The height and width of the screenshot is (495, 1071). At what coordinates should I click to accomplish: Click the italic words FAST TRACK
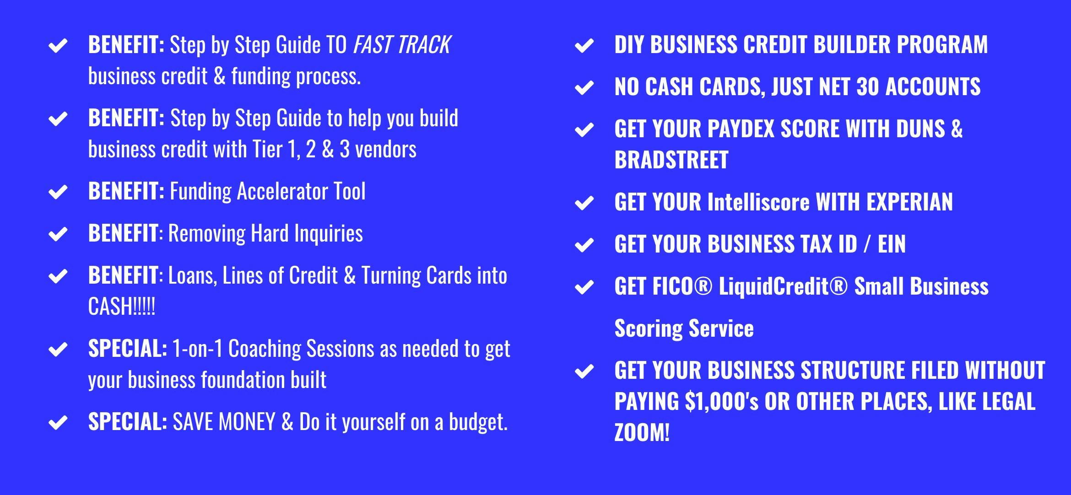coord(402,45)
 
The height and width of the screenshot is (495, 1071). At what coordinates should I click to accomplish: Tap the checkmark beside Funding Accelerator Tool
coord(58,192)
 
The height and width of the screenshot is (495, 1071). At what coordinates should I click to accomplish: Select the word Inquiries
coord(329,234)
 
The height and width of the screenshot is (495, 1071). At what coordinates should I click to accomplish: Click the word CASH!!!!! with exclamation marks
coord(122,306)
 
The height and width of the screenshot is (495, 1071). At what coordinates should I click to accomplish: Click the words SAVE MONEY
coord(224,422)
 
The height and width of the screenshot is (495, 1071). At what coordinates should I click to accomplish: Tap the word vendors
coord(386,149)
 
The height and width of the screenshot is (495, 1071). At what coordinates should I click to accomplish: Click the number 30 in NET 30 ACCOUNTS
coord(867,87)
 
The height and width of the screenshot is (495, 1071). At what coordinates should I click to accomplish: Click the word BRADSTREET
coord(671,160)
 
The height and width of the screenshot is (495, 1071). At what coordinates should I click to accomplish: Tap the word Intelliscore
coord(758,202)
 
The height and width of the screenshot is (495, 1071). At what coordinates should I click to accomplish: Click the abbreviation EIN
coord(892,244)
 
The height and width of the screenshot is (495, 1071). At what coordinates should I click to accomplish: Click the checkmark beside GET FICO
coord(584,287)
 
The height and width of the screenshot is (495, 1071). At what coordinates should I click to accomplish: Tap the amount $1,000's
coord(722,402)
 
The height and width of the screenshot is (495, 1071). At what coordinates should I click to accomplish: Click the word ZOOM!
coord(642,433)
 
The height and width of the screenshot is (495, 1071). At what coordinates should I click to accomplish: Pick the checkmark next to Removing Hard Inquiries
coord(58,234)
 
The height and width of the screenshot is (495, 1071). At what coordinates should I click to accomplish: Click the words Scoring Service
coord(684,329)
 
